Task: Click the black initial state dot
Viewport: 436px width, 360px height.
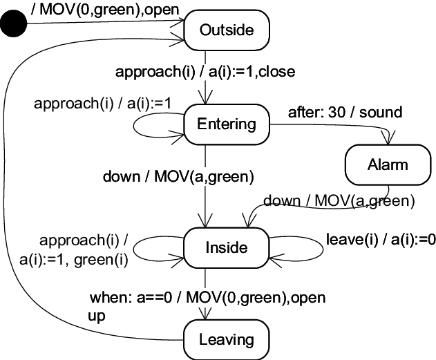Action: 14,27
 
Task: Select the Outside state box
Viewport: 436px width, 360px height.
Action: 226,30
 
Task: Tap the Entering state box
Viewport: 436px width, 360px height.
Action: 226,124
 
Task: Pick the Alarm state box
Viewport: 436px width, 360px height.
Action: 387,164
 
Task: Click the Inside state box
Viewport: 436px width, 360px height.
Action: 226,247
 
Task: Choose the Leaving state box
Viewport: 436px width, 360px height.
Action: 226,339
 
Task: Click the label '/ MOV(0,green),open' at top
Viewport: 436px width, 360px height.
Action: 106,10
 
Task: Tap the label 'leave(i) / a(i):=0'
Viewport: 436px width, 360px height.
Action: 381,240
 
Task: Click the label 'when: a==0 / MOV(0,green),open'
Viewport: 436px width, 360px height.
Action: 207,298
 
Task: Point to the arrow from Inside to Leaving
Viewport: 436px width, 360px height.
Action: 205,294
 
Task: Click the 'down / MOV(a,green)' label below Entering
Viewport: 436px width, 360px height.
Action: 178,176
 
